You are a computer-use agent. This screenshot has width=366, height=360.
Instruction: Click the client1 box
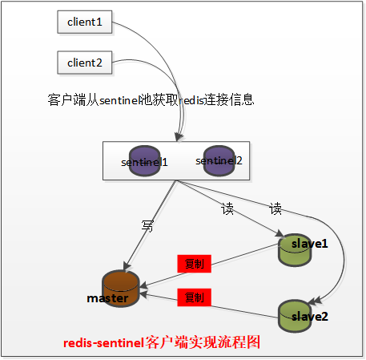pyautogui.click(x=85, y=22)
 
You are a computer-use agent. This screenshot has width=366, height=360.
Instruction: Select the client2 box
pyautogui.click(x=85, y=63)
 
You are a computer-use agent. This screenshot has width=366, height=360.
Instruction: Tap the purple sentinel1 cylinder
pyautogui.click(x=144, y=161)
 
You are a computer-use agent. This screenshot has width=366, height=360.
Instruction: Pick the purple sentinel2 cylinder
pyautogui.click(x=219, y=161)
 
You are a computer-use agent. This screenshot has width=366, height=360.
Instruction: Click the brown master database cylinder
pyautogui.click(x=121, y=289)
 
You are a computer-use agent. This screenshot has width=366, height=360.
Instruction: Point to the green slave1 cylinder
pyautogui.click(x=295, y=250)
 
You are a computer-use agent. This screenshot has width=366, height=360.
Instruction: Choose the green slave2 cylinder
pyautogui.click(x=295, y=316)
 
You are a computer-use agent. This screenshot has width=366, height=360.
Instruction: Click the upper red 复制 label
pyautogui.click(x=195, y=264)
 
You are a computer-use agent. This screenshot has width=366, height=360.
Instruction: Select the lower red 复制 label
pyautogui.click(x=195, y=297)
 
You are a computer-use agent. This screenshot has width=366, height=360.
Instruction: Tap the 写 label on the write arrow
pyautogui.click(x=147, y=226)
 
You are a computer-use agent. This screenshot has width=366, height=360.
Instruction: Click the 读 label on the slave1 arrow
pyautogui.click(x=227, y=208)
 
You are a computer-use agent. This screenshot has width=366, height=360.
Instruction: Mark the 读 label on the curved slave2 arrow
pyautogui.click(x=276, y=208)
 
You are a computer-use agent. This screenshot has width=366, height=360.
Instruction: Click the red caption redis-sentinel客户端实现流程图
pyautogui.click(x=162, y=342)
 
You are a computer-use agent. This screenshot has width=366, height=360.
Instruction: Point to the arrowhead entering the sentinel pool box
pyautogui.click(x=179, y=137)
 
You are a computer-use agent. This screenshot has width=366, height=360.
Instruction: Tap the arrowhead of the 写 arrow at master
pyautogui.click(x=127, y=266)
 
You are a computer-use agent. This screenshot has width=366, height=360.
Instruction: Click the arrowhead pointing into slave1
pyautogui.click(x=280, y=233)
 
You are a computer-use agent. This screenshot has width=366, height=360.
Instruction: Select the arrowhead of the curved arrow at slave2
pyautogui.click(x=315, y=301)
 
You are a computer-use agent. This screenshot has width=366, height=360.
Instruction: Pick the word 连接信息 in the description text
pyautogui.click(x=229, y=99)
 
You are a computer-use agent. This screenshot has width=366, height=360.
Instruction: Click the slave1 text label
pyautogui.click(x=309, y=244)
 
